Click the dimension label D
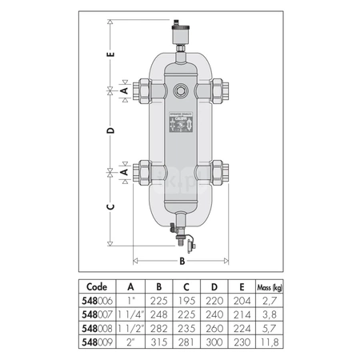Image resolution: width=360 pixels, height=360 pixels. tap(112, 129)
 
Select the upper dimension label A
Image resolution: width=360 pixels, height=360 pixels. tap(123, 91)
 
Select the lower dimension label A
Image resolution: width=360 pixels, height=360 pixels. tap(123, 171)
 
